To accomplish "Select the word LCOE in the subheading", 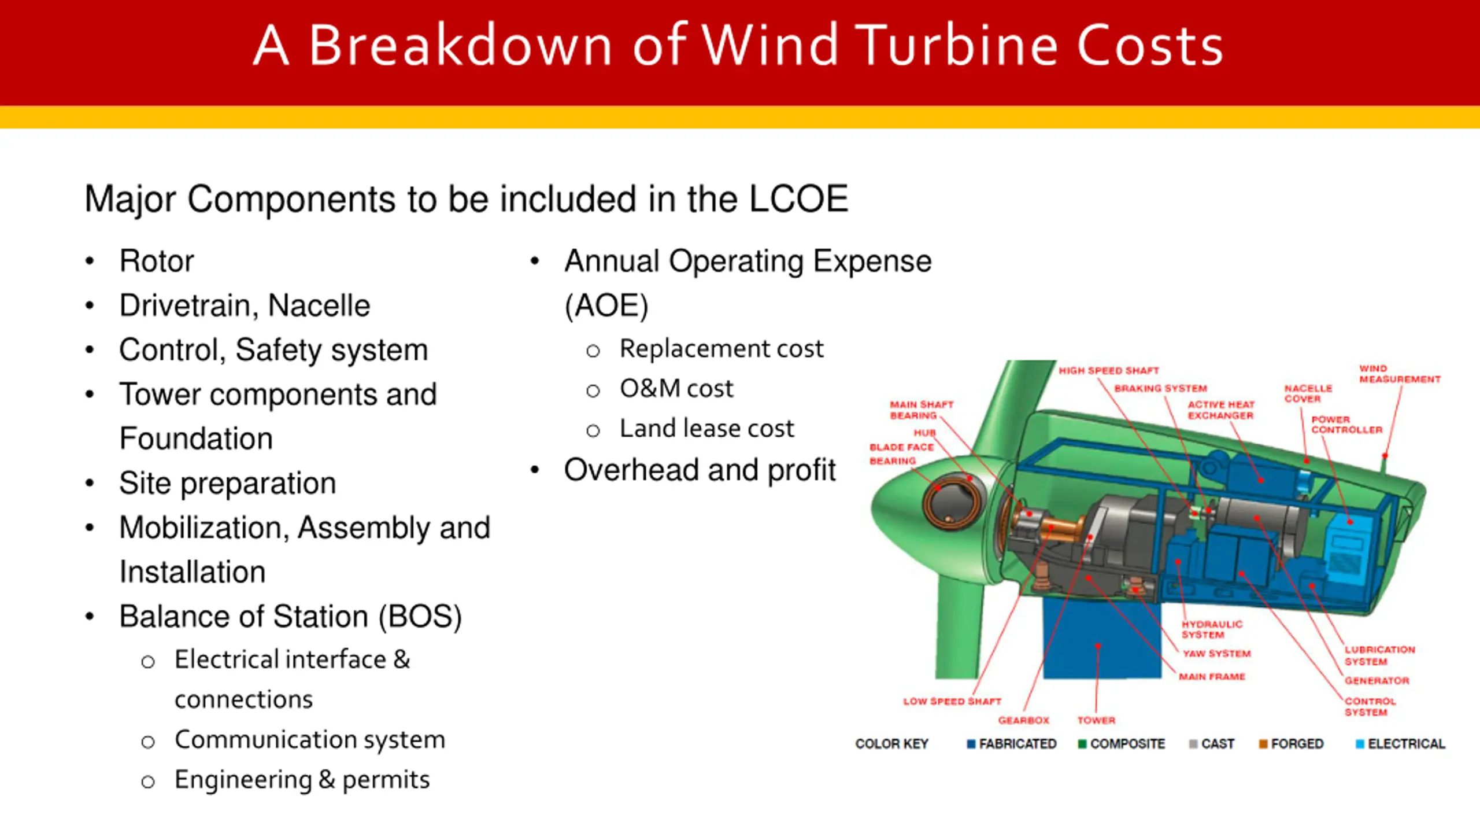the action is pyautogui.click(x=798, y=199).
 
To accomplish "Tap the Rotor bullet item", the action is pyautogui.click(x=156, y=261).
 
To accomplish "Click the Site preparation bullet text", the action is pyautogui.click(x=227, y=483).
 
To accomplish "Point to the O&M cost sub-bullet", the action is pyautogui.click(x=676, y=389).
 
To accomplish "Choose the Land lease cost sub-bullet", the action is pyautogui.click(x=706, y=429).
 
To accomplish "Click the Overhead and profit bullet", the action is pyautogui.click(x=700, y=470).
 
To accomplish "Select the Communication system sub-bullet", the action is pyautogui.click(x=310, y=740).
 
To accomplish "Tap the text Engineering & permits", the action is pyautogui.click(x=302, y=780).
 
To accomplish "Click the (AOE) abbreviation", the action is pyautogui.click(x=606, y=305).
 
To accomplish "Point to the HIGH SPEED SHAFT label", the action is pyautogui.click(x=1108, y=371).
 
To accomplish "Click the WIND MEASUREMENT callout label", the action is pyautogui.click(x=1399, y=374).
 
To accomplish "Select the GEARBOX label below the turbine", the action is pyautogui.click(x=1023, y=720).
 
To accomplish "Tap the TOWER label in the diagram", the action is pyautogui.click(x=1096, y=720).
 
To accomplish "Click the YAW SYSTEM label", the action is pyautogui.click(x=1216, y=654).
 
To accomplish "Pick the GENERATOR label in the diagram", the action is pyautogui.click(x=1377, y=681).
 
